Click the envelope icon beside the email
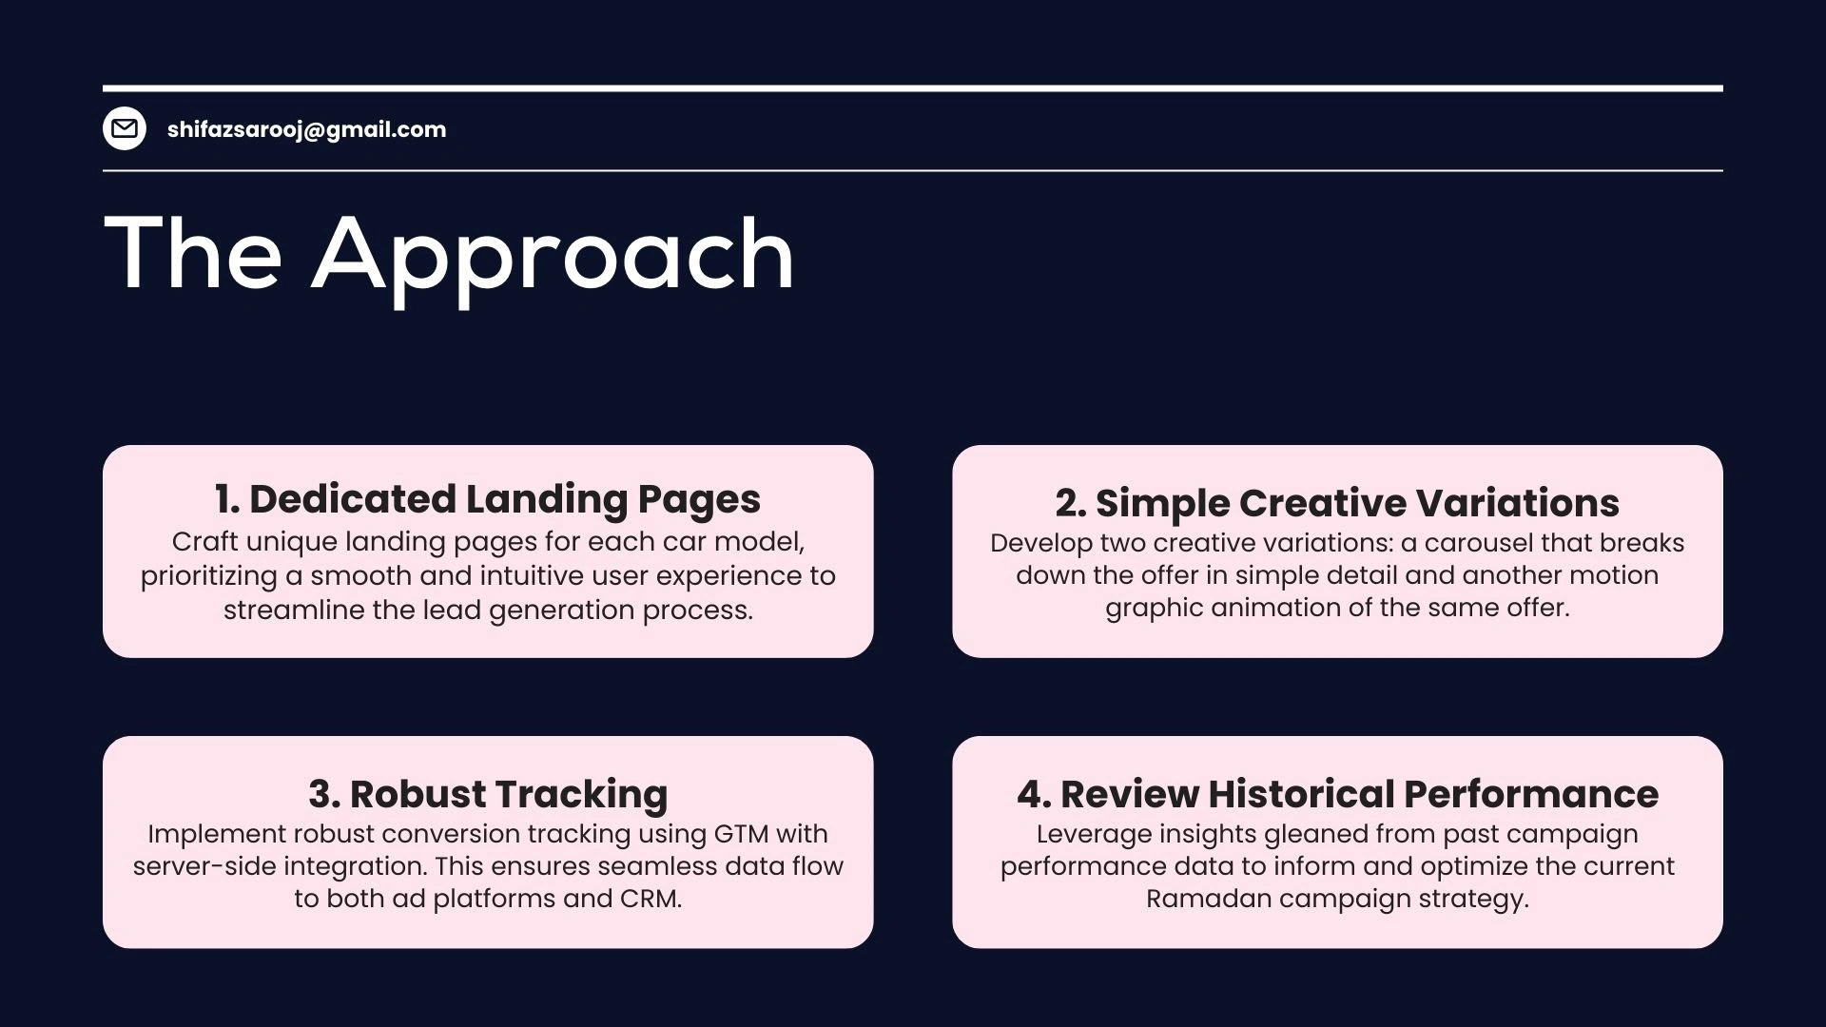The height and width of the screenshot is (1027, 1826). (125, 128)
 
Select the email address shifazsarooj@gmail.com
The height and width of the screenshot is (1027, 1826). (306, 129)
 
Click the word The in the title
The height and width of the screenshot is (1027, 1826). (193, 252)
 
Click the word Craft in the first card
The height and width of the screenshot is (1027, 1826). (205, 541)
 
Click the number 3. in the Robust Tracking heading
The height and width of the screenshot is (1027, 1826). (324, 794)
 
